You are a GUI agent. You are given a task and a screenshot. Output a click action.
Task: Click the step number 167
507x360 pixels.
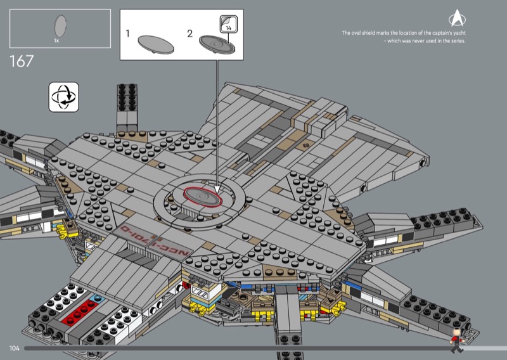tap(21, 62)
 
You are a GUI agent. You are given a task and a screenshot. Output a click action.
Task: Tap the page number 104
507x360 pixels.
tap(15, 348)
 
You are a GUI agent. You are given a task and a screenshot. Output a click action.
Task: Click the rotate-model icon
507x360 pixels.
tap(63, 98)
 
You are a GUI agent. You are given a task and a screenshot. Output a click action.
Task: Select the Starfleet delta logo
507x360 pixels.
tap(456, 17)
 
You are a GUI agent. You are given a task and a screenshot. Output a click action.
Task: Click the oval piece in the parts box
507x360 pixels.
tap(61, 27)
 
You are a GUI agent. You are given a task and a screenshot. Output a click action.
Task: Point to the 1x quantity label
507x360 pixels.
tap(56, 41)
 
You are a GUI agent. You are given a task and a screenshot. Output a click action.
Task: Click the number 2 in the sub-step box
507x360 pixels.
tap(189, 34)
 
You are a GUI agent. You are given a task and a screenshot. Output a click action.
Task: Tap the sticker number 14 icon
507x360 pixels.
tap(228, 24)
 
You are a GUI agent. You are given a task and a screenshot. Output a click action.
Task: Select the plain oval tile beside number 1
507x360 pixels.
tap(156, 43)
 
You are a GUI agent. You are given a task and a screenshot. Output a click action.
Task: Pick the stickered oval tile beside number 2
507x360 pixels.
tap(216, 43)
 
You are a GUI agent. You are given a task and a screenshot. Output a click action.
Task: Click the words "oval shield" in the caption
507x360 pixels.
tap(365, 33)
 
